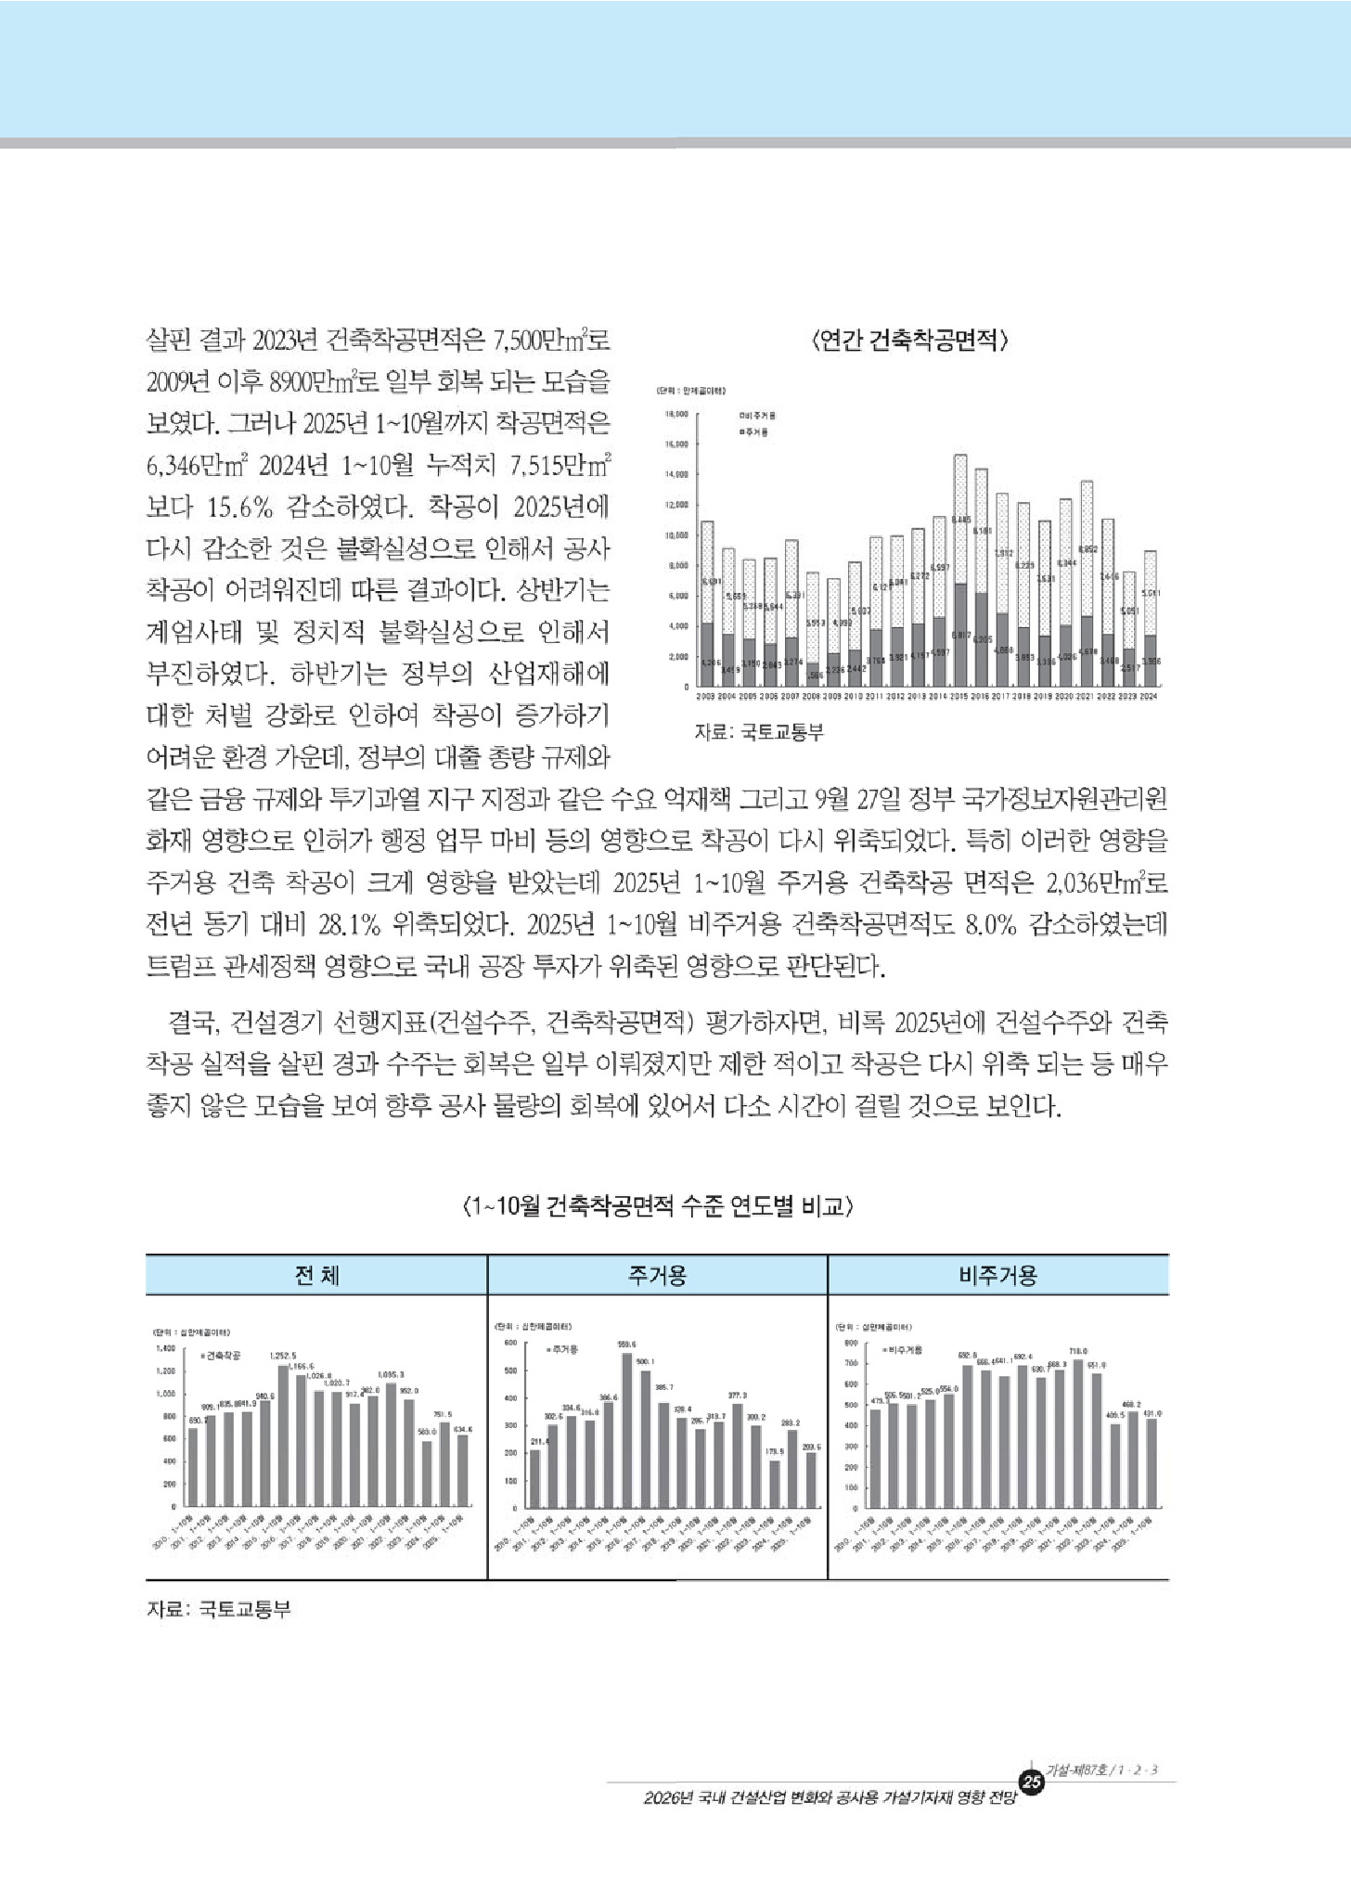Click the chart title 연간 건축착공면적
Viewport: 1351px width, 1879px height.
908,341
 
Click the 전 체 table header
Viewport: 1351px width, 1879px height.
316,1275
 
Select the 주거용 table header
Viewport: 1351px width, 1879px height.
657,1275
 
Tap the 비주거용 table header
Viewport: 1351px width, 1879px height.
997,1275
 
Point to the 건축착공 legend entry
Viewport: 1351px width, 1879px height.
220,1356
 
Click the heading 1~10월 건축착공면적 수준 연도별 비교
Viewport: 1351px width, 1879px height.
656,1206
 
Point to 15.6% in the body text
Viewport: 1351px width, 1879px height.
239,507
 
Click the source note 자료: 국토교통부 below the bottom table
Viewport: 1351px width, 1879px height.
219,1609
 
